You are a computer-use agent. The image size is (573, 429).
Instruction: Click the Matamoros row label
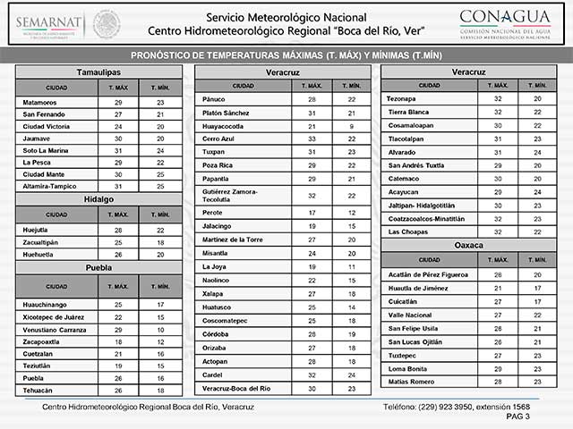40,103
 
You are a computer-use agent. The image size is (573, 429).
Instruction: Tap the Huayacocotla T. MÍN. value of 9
352,127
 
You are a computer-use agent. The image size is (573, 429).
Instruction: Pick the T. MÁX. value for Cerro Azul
312,139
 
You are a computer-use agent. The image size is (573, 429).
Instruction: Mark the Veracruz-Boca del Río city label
237,388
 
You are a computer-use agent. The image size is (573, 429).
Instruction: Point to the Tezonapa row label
405,98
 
